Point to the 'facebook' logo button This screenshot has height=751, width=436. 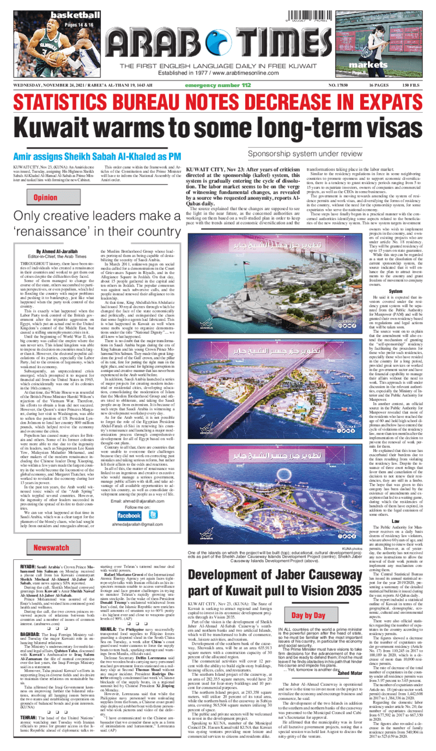pyautogui.click(x=129, y=515)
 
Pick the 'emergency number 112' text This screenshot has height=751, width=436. pyautogui.click(x=219, y=86)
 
